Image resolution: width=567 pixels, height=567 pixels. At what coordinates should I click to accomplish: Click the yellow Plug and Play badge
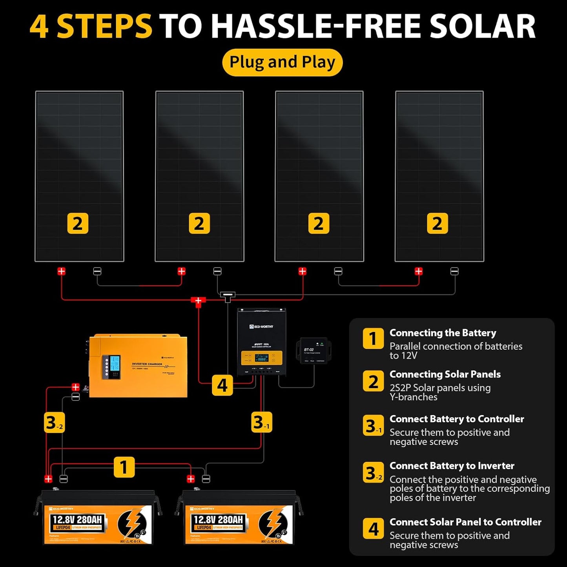click(x=282, y=62)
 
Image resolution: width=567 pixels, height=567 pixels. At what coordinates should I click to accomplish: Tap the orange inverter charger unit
click(x=138, y=366)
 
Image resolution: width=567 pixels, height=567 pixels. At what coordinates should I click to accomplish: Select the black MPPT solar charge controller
click(x=261, y=342)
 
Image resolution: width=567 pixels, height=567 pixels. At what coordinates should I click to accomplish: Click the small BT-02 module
click(x=314, y=350)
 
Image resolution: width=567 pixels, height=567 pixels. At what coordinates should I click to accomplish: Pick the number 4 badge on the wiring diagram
click(x=222, y=385)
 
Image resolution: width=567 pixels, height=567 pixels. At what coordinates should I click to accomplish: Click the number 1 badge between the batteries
click(x=124, y=467)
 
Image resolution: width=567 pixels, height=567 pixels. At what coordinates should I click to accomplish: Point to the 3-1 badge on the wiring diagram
click(x=261, y=423)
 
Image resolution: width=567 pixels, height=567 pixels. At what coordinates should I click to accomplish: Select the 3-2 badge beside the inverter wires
click(x=54, y=423)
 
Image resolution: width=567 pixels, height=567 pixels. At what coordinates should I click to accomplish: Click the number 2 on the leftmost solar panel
click(x=78, y=224)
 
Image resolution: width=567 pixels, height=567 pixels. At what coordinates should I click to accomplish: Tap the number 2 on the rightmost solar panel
click(x=437, y=224)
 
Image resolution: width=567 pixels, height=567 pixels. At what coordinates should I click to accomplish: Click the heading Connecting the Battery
click(x=443, y=333)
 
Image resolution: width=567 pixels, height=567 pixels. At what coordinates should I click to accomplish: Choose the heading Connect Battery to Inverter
click(x=452, y=466)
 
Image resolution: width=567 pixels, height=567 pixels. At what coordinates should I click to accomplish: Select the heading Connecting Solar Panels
click(x=445, y=374)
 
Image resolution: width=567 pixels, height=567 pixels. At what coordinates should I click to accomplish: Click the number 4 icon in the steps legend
click(x=373, y=529)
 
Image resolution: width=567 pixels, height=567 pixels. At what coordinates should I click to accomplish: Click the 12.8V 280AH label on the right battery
click(x=219, y=520)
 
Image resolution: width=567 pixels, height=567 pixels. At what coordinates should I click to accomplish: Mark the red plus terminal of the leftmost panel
click(x=62, y=271)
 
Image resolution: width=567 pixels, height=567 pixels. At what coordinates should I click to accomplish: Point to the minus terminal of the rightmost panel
click(x=454, y=271)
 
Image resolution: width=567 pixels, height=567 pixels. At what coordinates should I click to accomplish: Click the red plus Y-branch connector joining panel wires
click(x=198, y=301)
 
